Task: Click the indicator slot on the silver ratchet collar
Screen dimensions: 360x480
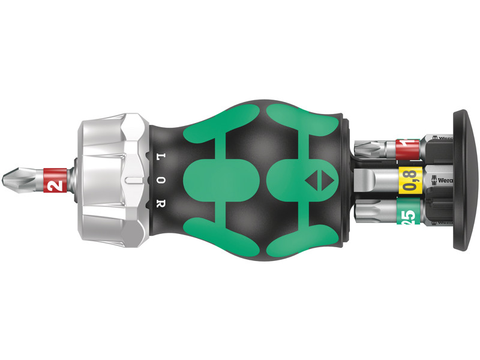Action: tap(135, 179)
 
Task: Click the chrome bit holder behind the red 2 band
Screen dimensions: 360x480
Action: tap(73, 179)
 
